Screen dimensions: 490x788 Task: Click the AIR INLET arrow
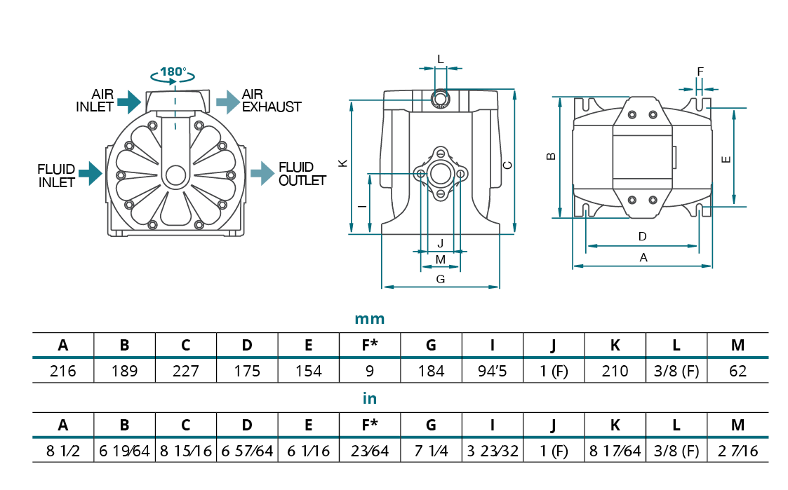point(129,102)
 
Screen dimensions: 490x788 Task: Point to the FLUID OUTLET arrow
point(262,172)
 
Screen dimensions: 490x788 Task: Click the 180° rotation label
point(173,72)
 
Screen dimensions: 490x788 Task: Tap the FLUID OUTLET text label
point(302,174)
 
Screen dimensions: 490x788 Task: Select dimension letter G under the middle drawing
point(441,279)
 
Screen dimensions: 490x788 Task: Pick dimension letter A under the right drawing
point(643,258)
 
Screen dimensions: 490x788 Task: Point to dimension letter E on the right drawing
point(726,159)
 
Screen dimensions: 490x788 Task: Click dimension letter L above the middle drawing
point(441,60)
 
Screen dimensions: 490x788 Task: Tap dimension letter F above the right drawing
point(700,72)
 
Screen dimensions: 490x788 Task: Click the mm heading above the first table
point(370,319)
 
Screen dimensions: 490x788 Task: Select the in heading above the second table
point(370,399)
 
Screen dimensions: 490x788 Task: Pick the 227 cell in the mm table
point(186,371)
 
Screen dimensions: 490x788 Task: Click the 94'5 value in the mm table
point(493,371)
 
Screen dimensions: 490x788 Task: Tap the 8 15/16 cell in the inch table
point(186,451)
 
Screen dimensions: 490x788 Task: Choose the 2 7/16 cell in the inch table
point(737,451)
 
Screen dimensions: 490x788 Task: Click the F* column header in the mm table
point(370,345)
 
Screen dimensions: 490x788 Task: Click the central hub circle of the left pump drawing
point(175,175)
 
